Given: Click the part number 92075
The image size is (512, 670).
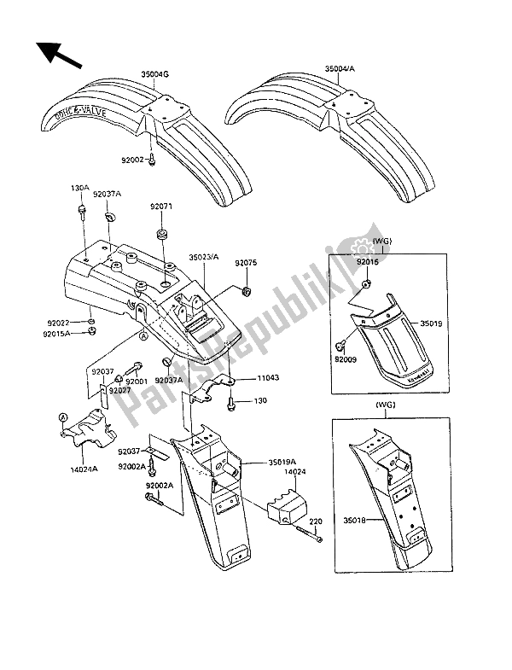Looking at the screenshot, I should coord(247,265).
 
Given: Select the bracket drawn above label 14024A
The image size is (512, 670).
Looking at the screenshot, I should coord(85,428).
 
